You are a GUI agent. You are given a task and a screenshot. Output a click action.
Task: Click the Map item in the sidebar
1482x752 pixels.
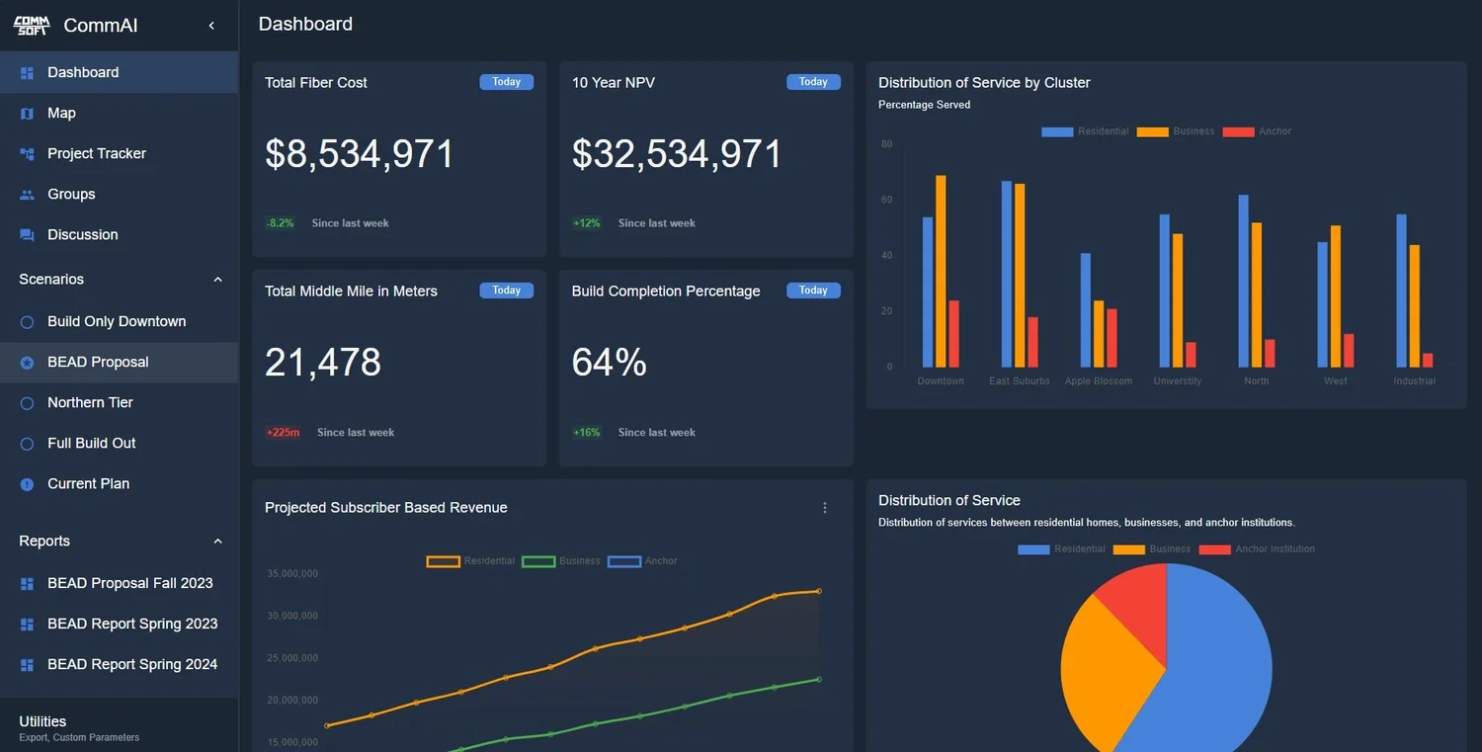click(x=61, y=113)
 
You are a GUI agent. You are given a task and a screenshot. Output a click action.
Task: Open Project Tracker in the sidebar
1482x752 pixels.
click(x=96, y=153)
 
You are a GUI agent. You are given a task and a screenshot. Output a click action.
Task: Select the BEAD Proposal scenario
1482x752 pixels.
click(x=98, y=362)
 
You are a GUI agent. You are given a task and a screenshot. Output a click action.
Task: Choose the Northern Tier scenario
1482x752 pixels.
click(x=90, y=402)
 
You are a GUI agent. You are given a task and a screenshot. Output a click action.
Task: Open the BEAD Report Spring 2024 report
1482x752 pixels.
click(x=132, y=664)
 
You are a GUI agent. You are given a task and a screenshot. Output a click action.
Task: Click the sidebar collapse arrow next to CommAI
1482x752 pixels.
click(x=211, y=26)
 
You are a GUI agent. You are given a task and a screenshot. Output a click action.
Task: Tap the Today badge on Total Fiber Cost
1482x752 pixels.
click(x=506, y=82)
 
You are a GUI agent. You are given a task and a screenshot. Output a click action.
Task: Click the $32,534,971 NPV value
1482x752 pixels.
click(x=677, y=154)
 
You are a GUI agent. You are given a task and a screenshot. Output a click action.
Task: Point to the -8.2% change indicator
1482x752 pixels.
click(x=280, y=223)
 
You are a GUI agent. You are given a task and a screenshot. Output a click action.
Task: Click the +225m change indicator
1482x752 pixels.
click(x=283, y=432)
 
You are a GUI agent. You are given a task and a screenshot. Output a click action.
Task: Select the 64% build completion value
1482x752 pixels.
click(x=609, y=363)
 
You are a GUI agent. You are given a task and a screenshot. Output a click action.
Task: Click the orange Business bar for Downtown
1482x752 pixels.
click(x=941, y=272)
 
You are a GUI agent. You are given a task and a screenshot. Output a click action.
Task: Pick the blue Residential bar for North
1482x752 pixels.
click(x=1243, y=282)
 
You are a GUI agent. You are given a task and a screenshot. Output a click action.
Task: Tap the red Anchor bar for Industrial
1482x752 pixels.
click(x=1428, y=360)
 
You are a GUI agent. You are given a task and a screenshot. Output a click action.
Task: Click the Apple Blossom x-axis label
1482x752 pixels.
click(x=1098, y=380)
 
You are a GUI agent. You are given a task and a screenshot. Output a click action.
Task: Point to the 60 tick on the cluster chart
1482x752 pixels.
click(x=886, y=200)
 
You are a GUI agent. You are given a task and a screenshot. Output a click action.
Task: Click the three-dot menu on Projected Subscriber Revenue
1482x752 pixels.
click(x=825, y=508)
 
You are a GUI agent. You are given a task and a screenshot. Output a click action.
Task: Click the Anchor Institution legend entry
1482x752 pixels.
click(x=1275, y=548)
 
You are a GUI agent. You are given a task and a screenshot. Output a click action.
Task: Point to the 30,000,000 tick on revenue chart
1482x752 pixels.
click(x=292, y=616)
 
